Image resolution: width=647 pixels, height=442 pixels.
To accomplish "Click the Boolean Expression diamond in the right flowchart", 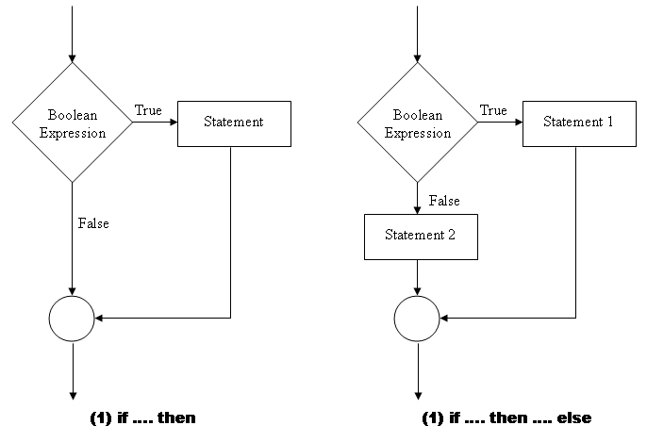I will [418, 123].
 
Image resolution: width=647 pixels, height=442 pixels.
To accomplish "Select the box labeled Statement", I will [233, 123].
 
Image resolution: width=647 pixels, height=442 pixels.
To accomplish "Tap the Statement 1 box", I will [576, 123].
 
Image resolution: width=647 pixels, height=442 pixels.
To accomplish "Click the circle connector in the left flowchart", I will [72, 319].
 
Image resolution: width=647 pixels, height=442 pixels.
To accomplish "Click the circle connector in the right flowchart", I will [418, 319].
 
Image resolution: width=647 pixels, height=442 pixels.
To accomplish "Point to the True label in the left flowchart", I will [148, 111].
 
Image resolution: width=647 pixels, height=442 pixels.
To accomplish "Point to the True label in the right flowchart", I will [493, 111].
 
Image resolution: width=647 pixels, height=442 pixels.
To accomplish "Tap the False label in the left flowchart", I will [93, 223].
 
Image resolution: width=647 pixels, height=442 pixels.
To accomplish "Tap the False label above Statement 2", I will [444, 201].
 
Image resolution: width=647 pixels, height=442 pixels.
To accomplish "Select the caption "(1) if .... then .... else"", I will [506, 417].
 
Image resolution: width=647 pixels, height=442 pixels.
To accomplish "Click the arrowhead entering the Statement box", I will [173, 123].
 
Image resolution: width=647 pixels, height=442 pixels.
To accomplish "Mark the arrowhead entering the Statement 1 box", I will [518, 123].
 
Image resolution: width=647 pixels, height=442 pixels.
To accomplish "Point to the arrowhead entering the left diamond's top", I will [72, 58].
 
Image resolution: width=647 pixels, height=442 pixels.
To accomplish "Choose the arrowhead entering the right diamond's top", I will [418, 58].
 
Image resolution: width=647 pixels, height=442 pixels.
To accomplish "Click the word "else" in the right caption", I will [574, 417].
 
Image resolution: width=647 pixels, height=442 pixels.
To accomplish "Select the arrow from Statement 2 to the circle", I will [418, 277].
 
